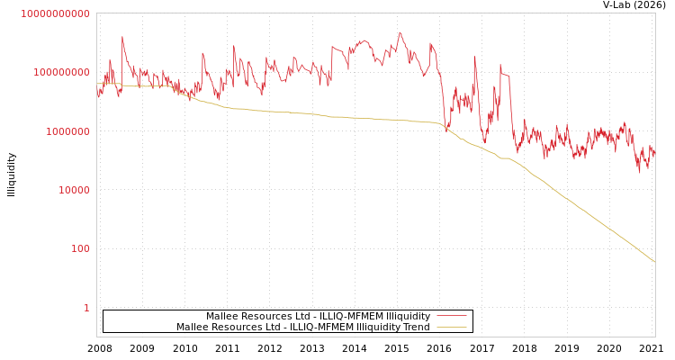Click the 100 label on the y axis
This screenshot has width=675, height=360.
80,248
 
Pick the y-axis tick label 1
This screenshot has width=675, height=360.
86,308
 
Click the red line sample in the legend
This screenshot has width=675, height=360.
451,316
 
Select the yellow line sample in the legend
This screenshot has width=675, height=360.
451,327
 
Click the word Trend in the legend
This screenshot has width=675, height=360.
417,327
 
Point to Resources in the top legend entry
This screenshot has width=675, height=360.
265,316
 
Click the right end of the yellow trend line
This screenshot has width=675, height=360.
654,262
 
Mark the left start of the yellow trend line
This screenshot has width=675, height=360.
97,84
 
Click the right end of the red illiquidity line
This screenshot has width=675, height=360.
654,153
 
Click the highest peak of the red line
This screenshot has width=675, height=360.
400,32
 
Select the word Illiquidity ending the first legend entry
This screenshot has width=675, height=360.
408,316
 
